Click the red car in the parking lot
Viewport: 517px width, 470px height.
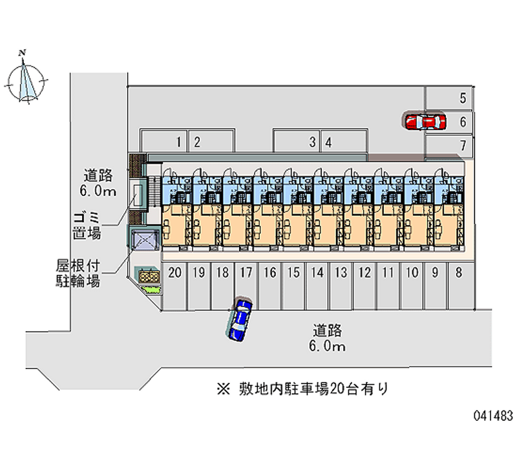click(425, 121)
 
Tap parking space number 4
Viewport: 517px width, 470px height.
click(329, 142)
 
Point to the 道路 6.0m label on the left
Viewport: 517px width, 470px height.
click(99, 182)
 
